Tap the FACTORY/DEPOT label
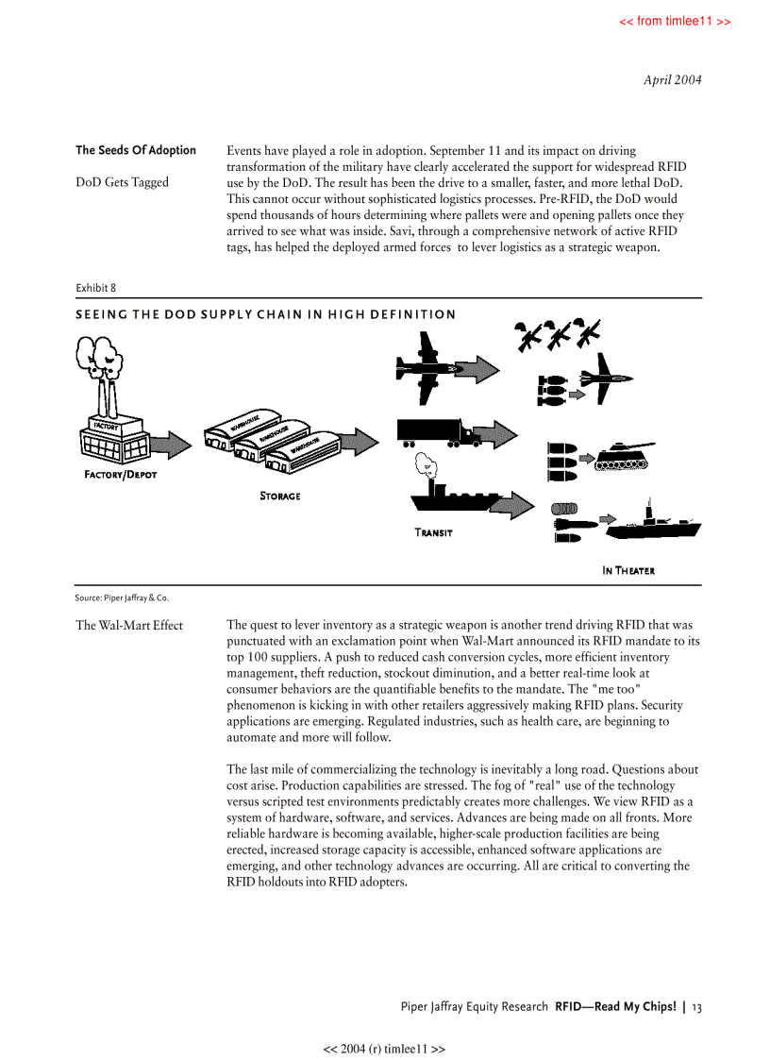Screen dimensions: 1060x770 point(120,475)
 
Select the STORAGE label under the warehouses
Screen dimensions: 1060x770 point(280,496)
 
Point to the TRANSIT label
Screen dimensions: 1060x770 point(433,532)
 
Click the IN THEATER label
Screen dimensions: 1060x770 point(628,570)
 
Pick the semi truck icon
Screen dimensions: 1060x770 point(440,433)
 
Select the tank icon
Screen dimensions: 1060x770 point(628,457)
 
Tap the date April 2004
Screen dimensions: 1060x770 point(672,80)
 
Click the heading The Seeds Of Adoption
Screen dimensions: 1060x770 point(136,150)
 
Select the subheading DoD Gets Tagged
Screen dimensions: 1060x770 point(122,182)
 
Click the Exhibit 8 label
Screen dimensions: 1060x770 point(95,288)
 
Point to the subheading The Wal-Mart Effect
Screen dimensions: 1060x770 point(129,625)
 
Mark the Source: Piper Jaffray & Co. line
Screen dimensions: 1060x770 point(123,597)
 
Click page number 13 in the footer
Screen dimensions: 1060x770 point(696,1007)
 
